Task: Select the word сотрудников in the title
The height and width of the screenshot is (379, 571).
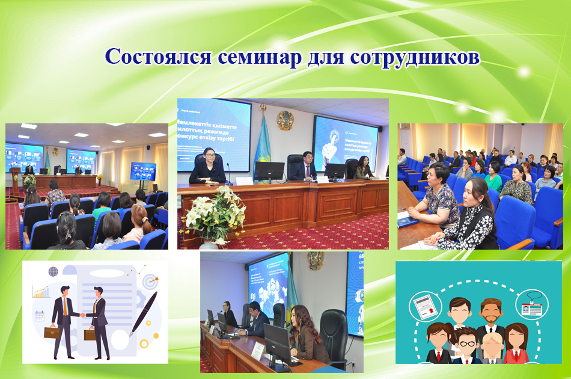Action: (x=412, y=57)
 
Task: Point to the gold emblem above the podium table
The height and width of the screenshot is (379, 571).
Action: (x=284, y=120)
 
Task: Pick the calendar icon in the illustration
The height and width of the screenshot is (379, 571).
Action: (x=40, y=315)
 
